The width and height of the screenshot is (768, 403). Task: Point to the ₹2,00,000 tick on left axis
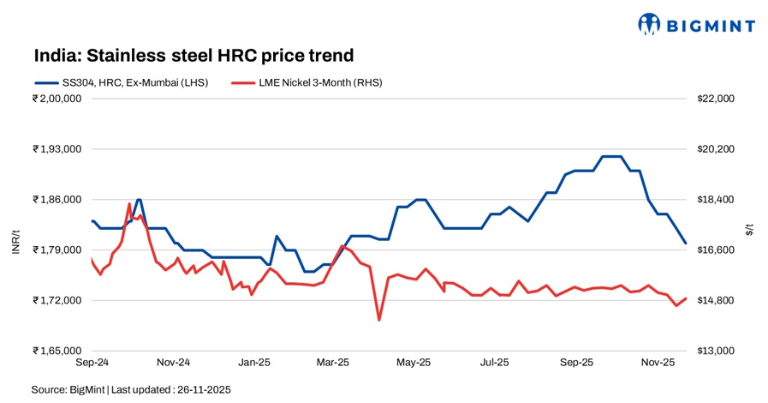point(57,99)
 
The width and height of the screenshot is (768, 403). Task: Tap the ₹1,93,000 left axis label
point(57,149)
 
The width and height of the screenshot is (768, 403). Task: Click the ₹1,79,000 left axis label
point(57,250)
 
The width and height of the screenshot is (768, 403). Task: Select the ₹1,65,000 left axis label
point(57,352)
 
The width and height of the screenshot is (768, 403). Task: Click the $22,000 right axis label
point(716,99)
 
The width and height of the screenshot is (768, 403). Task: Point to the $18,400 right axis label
point(716,200)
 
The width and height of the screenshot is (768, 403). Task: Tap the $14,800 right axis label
point(716,301)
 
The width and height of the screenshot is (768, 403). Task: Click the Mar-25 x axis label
point(332,363)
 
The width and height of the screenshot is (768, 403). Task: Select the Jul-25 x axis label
point(494,363)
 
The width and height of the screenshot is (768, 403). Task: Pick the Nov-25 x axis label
point(658,363)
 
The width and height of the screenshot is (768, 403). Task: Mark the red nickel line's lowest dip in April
point(378,320)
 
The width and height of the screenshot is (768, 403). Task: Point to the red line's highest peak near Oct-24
point(129,204)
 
